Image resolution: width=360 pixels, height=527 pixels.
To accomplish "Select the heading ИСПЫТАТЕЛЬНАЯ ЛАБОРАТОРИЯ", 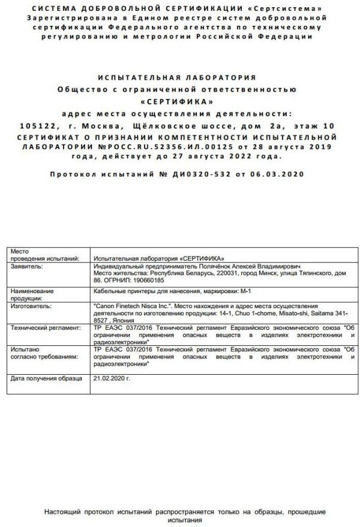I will pyautogui.click(x=179, y=78).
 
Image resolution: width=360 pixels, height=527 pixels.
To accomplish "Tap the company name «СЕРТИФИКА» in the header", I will pyautogui.click(x=179, y=101).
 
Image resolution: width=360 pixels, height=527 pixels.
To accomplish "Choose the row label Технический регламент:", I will pyautogui.click(x=45, y=329).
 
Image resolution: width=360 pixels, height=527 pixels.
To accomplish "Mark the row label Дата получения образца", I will pyautogui.click(x=46, y=379).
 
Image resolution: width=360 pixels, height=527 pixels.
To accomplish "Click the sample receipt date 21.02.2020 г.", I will pyautogui.click(x=112, y=379).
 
